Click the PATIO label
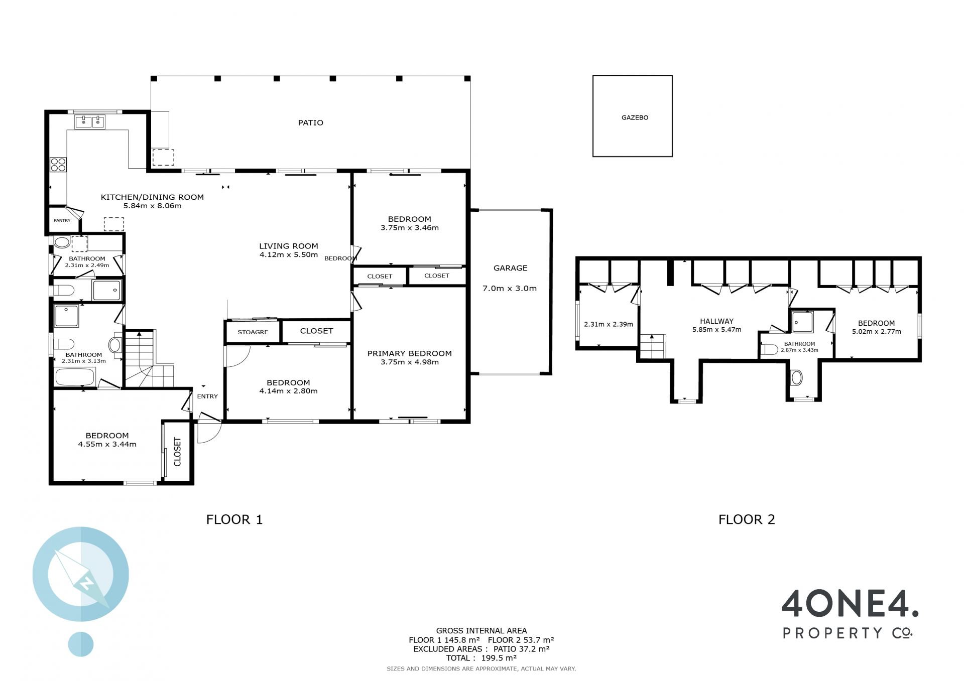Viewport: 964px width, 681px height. (x=310, y=122)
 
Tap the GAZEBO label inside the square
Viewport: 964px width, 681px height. (x=635, y=117)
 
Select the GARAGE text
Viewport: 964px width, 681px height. (x=510, y=268)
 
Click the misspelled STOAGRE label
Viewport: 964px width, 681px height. (x=253, y=332)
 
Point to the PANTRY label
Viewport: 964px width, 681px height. (x=62, y=220)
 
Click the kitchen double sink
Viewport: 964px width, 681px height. (x=90, y=121)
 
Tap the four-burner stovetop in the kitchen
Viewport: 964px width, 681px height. (x=58, y=165)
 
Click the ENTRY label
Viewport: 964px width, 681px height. (x=207, y=396)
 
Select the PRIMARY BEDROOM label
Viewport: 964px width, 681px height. (x=409, y=353)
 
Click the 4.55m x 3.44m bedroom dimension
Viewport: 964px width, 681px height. (x=107, y=444)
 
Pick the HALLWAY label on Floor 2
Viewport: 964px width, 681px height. (x=716, y=321)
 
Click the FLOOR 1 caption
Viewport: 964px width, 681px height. (x=234, y=519)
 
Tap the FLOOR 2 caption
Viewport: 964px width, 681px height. (x=747, y=519)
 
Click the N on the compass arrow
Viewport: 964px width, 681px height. (x=87, y=583)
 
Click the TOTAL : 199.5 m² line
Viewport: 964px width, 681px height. (x=481, y=658)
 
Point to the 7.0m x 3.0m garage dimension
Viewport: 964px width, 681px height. (x=510, y=289)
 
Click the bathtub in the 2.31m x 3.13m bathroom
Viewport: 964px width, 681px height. (x=75, y=377)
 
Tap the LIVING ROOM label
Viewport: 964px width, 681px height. (x=288, y=246)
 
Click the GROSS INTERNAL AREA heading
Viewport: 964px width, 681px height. (x=481, y=631)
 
